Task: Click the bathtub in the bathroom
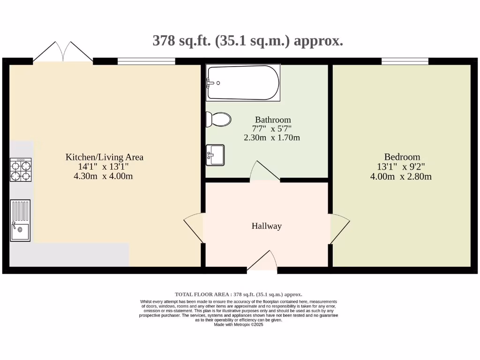(x=243, y=82)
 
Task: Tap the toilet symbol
(x=218, y=120)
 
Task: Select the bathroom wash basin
(x=215, y=155)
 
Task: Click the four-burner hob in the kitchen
(x=21, y=170)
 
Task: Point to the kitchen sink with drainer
(x=20, y=220)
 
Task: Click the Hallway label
(x=267, y=226)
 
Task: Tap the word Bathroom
(x=273, y=120)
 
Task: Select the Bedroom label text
(x=402, y=157)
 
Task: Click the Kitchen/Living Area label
(x=104, y=157)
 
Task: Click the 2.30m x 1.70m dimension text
(x=272, y=138)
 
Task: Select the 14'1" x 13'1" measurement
(x=97, y=167)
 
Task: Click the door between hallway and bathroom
(x=264, y=172)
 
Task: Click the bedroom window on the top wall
(x=405, y=61)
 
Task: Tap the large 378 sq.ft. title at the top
(x=248, y=41)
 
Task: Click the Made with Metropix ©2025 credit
(x=239, y=324)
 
